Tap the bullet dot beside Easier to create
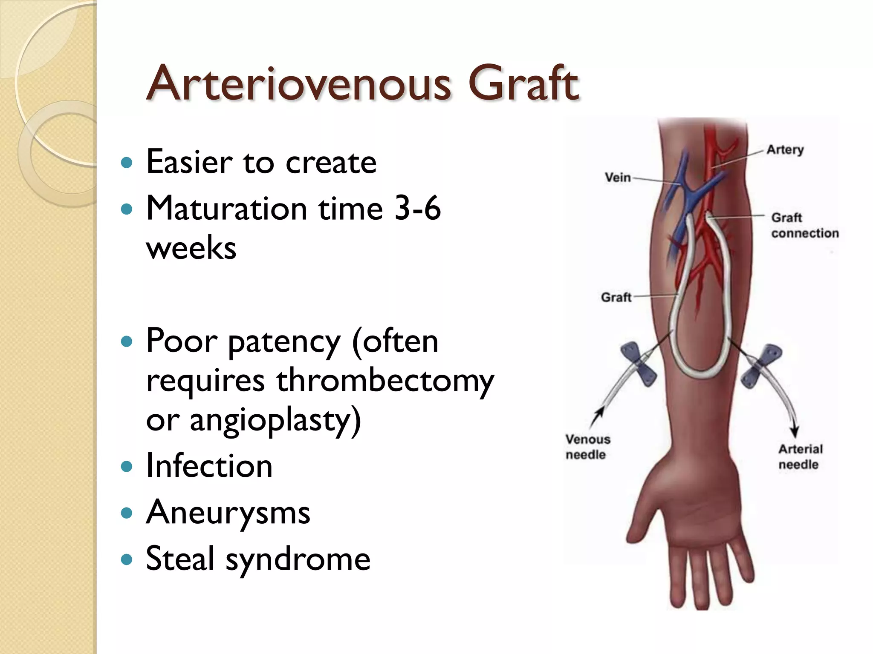127,162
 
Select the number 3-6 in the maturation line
417,208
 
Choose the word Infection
209,466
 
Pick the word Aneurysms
228,512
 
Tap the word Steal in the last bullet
180,558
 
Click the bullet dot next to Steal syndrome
127,559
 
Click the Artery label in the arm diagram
785,149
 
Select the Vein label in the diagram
618,177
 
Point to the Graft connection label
804,225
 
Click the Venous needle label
587,447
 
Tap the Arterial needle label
800,456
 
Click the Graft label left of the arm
616,297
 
